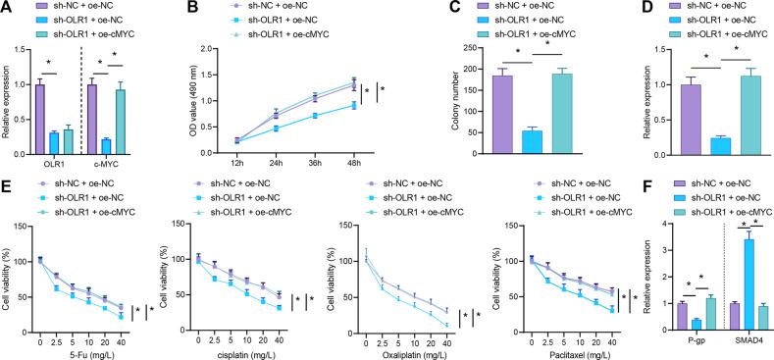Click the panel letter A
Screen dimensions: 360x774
8,8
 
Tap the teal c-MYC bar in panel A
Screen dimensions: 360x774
121,122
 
